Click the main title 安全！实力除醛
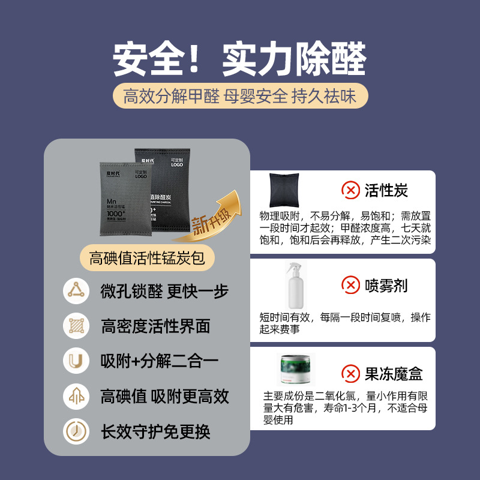[x=239, y=59]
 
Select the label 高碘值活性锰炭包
[x=147, y=259]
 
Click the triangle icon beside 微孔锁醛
[x=76, y=292]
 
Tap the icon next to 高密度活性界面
[x=76, y=326]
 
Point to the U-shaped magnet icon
[x=76, y=361]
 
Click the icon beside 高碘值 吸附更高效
[x=76, y=396]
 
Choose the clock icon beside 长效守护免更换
[x=76, y=431]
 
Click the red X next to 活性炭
[x=350, y=191]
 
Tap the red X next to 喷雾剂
[x=350, y=285]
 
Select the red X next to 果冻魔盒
[x=350, y=374]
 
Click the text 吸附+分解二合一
[x=159, y=361]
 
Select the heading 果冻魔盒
[x=394, y=374]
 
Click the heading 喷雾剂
[x=386, y=285]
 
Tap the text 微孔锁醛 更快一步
[x=164, y=292]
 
